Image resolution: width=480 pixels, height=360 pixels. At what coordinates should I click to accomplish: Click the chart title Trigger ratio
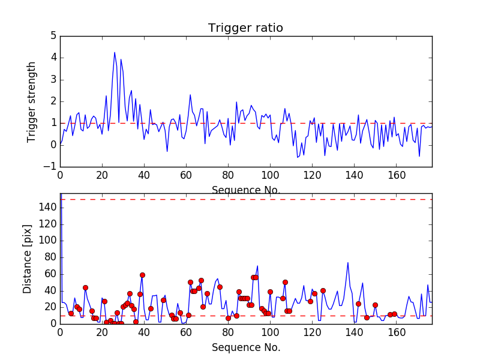[245, 28]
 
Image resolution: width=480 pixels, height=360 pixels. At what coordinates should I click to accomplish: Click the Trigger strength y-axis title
[32, 101]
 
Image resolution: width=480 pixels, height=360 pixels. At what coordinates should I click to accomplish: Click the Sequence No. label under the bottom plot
[245, 347]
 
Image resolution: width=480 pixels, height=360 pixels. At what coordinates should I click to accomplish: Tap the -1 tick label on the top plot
[50, 167]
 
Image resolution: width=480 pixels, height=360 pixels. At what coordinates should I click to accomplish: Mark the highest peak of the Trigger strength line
[115, 52]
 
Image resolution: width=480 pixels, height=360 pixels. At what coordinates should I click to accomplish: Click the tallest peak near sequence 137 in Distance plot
[348, 262]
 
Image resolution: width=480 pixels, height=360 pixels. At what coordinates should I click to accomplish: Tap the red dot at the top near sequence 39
[142, 275]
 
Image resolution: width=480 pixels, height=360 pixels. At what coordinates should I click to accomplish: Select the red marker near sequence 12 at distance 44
[85, 287]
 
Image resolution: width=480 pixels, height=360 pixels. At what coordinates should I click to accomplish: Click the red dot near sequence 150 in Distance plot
[375, 305]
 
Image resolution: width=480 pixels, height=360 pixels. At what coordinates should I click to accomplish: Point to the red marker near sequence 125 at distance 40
[323, 290]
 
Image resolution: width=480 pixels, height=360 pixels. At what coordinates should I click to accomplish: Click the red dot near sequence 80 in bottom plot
[228, 318]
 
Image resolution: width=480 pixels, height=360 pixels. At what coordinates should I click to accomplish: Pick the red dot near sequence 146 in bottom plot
[367, 317]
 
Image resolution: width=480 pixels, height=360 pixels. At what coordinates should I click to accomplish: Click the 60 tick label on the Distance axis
[49, 274]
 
